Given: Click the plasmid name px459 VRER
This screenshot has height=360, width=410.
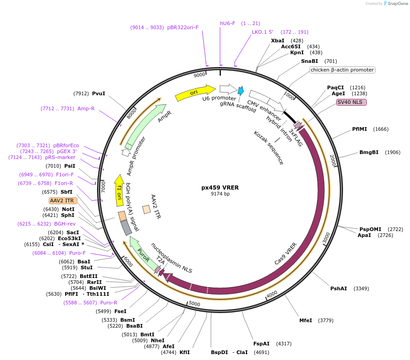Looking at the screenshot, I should pyautogui.click(x=220, y=187).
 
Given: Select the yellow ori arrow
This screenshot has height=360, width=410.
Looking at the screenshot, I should pyautogui.click(x=195, y=93).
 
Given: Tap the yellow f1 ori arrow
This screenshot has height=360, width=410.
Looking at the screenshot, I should pyautogui.click(x=119, y=190).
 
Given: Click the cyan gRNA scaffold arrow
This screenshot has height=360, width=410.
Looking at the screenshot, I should pyautogui.click(x=241, y=90).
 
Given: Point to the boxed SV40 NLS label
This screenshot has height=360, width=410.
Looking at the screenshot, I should pyautogui.click(x=351, y=102).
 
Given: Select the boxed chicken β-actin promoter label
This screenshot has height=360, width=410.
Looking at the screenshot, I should pyautogui.click(x=342, y=70).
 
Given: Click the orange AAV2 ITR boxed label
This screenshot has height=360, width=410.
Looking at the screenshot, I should pyautogui.click(x=63, y=201).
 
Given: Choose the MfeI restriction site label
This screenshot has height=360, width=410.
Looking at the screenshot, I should pyautogui.click(x=306, y=320).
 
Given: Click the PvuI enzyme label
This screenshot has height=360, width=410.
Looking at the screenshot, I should pyautogui.click(x=98, y=93).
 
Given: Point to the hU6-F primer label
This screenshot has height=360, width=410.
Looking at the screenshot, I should pyautogui.click(x=227, y=23).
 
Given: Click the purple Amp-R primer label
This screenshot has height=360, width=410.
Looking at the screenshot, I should pyautogui.click(x=86, y=108).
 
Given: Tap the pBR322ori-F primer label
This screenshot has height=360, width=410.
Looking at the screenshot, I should pyautogui.click(x=183, y=27).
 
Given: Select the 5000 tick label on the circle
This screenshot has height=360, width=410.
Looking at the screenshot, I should pyautogui.click(x=194, y=303).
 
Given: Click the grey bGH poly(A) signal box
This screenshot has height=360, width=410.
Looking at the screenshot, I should pyautogui.click(x=126, y=227).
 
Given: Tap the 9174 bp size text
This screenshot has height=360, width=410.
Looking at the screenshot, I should pyautogui.click(x=220, y=194).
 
